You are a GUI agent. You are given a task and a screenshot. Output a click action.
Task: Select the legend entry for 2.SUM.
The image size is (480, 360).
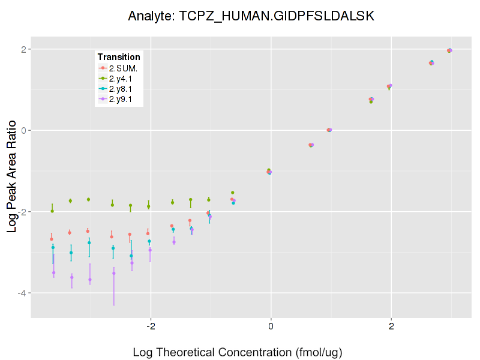122,68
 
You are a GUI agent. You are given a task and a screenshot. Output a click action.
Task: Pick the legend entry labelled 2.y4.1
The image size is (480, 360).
122,78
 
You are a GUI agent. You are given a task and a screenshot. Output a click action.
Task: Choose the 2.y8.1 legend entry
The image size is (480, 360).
122,88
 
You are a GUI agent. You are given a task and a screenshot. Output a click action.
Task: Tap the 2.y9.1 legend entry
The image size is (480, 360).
122,98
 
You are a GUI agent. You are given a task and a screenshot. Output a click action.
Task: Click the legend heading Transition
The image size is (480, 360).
119,57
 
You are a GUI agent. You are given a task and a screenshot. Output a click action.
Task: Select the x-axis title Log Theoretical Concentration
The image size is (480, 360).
237,352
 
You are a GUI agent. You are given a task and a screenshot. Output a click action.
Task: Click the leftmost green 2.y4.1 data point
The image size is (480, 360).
52,211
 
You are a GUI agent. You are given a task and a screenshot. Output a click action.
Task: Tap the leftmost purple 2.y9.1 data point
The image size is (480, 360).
53,272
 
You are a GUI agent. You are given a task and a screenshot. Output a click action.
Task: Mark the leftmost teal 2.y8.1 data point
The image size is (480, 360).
53,247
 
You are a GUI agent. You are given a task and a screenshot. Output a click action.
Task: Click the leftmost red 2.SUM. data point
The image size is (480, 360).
52,239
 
